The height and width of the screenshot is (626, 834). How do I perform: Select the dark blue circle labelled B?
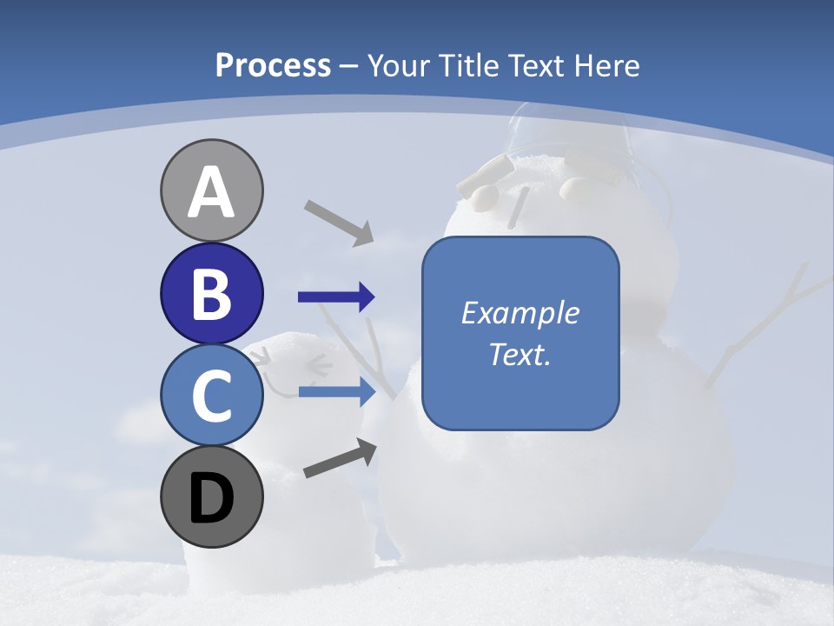coord(211,293)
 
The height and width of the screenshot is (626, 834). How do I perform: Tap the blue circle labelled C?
coord(211,396)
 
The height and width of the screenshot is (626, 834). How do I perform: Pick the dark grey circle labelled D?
coord(211,497)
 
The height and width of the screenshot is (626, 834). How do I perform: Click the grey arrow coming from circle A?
coord(339,222)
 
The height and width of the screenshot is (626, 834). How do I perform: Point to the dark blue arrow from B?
coord(336,297)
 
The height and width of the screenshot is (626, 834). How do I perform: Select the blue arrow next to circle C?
coord(336,392)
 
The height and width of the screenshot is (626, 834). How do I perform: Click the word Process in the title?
coord(273,65)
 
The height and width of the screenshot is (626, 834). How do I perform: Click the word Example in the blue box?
coord(520,313)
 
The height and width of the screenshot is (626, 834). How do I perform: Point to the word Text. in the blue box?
coord(520,354)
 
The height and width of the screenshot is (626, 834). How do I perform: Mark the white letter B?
coord(211,294)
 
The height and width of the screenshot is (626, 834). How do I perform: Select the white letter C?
coord(211,396)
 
